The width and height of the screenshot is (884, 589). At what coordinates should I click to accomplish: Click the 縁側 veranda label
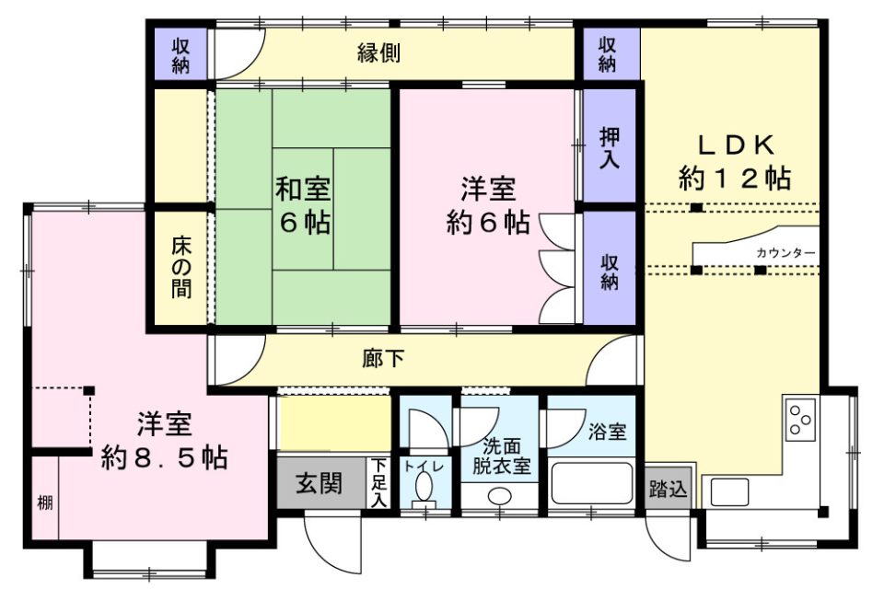378,52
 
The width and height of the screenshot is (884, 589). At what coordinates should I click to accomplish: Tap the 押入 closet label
610,148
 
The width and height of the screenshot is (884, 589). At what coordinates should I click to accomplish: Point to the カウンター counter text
785,253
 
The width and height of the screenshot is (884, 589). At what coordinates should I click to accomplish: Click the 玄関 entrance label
320,483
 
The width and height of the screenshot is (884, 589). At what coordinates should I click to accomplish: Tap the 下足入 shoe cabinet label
378,482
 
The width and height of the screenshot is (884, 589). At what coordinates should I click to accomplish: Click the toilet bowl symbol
424,487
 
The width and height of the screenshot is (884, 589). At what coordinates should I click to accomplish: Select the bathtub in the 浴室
591,483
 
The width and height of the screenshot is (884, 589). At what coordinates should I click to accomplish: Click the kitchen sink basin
729,492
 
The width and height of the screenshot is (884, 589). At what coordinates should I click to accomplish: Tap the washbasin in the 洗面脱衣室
499,497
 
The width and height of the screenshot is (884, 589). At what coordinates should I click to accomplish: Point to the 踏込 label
669,488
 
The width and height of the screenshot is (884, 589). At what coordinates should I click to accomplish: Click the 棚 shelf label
45,502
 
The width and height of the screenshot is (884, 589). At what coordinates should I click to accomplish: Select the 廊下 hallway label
383,358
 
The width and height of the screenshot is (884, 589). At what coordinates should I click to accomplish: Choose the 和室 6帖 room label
303,205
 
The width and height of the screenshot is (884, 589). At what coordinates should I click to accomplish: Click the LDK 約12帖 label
734,163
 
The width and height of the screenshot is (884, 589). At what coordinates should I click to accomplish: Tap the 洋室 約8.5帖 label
164,442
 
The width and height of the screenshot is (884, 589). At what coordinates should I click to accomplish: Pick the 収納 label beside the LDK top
607,54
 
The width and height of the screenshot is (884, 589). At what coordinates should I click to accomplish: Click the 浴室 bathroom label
607,432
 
